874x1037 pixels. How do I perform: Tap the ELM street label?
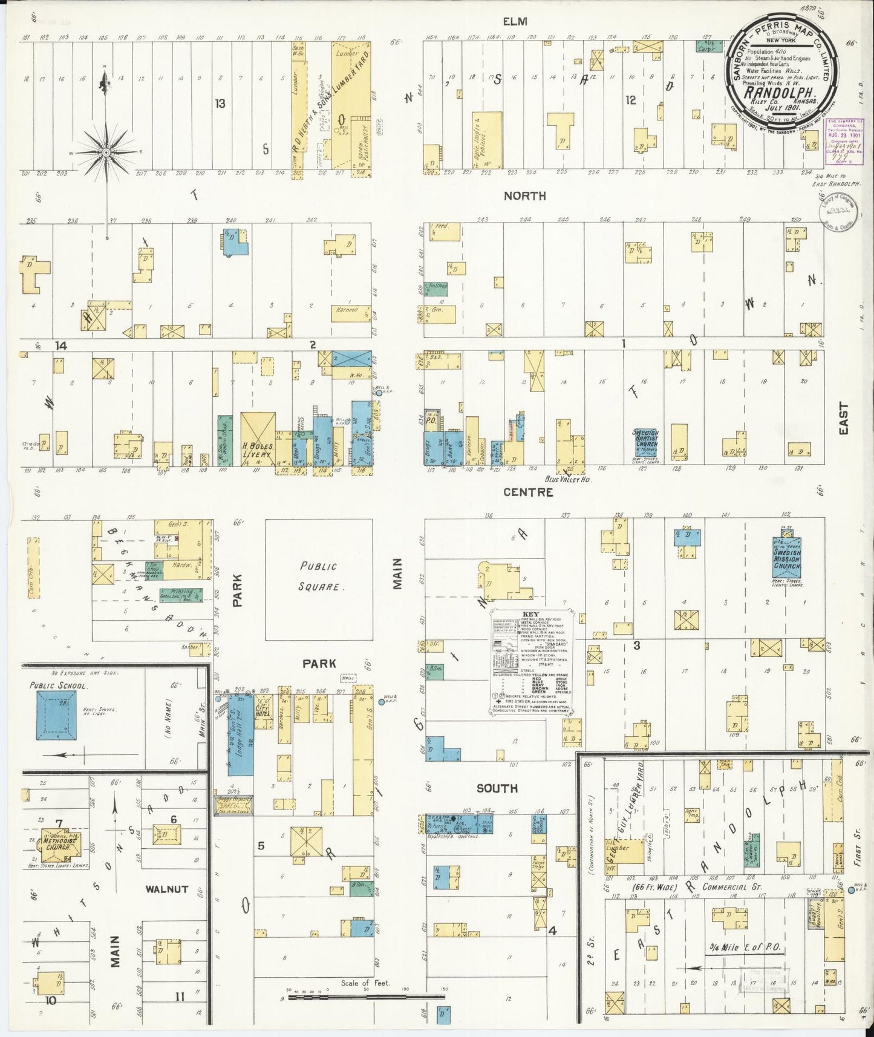click(x=517, y=22)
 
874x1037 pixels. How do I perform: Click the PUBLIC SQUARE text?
click(x=318, y=576)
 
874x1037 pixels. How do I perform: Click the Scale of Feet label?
click(x=365, y=983)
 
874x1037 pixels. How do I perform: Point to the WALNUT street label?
click(x=166, y=889)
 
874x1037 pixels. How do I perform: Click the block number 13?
click(x=220, y=103)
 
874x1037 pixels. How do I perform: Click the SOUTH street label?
click(x=497, y=788)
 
